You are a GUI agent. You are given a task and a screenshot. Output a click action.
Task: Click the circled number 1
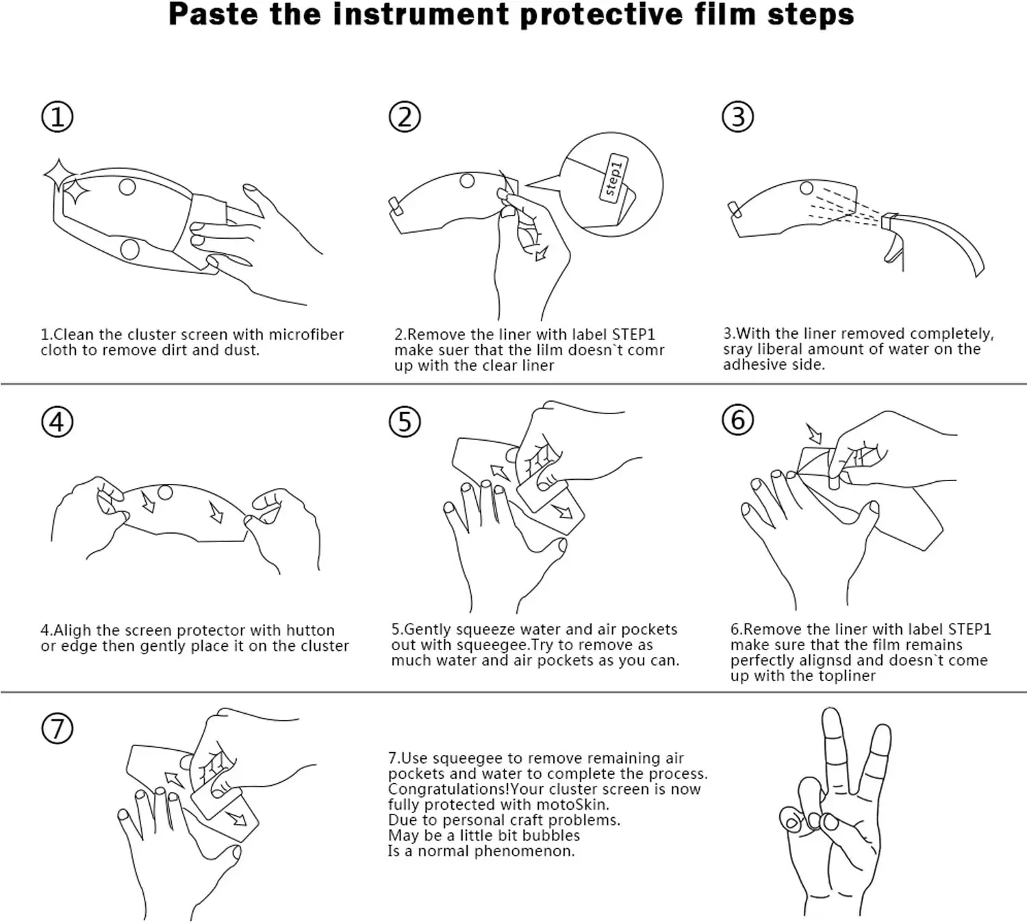pos(58,117)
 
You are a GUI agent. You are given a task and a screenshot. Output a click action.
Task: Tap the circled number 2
pos(405,117)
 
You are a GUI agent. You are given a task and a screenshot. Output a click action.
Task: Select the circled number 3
pos(738,117)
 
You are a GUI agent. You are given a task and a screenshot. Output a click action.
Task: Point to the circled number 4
pos(58,422)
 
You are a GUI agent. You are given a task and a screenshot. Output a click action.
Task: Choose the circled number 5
pos(405,422)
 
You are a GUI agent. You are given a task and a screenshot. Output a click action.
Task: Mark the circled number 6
pos(738,420)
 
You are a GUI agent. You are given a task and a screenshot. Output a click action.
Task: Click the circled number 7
pos(58,729)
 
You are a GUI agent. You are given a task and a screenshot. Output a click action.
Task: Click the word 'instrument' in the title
pos(421,14)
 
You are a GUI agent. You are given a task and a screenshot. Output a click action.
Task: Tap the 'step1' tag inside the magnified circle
pos(613,177)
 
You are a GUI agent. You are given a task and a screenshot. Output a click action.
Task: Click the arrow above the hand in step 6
pos(814,433)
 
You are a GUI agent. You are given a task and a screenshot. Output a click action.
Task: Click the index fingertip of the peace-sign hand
pos(831,714)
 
